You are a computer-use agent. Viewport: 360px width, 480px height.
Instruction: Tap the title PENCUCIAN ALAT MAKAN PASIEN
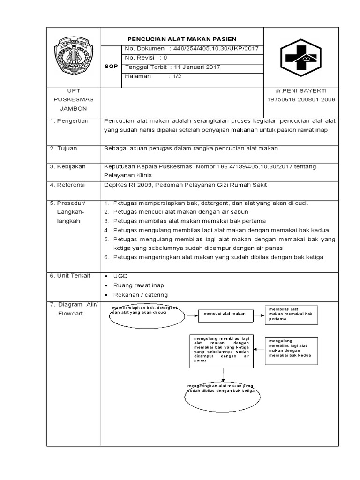183,39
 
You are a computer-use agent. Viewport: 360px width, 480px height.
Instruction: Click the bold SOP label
111,67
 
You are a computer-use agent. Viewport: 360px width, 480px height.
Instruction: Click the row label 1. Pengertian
69,121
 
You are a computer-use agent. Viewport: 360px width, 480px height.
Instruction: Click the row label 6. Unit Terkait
70,276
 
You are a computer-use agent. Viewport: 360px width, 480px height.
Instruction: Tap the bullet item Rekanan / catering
140,295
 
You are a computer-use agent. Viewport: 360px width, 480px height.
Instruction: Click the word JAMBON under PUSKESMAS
74,109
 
